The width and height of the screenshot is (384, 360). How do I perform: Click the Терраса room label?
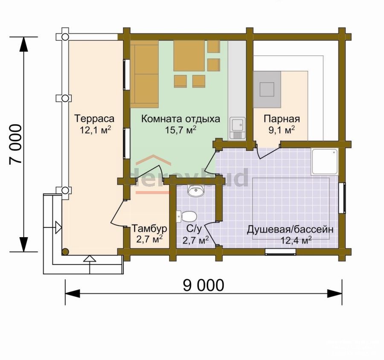tap(94, 119)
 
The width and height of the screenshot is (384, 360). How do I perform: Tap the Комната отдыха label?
tap(181, 119)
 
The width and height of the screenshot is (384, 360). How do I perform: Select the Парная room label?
tap(282, 119)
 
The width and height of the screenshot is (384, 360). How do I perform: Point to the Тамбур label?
tap(149, 229)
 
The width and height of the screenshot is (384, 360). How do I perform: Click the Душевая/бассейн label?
tap(290, 230)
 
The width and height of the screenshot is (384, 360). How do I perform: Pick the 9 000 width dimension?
tap(204, 285)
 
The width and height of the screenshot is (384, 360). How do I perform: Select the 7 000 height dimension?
tap(15, 145)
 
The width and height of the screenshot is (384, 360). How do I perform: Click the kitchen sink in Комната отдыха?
tap(237, 128)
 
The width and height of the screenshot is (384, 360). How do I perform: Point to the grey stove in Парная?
tap(267, 90)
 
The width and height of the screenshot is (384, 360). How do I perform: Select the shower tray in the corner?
tap(325, 161)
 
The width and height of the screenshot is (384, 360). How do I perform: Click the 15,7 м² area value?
tap(181, 130)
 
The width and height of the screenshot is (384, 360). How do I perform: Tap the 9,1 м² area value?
tap(282, 130)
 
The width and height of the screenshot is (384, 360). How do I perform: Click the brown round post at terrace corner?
tap(65, 252)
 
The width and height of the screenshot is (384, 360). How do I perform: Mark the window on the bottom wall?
tap(281, 252)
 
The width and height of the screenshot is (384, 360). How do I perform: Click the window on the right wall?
tap(342, 198)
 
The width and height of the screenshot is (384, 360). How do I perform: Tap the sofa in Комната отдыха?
tap(144, 74)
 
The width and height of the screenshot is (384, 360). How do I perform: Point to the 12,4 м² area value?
tap(296, 241)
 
